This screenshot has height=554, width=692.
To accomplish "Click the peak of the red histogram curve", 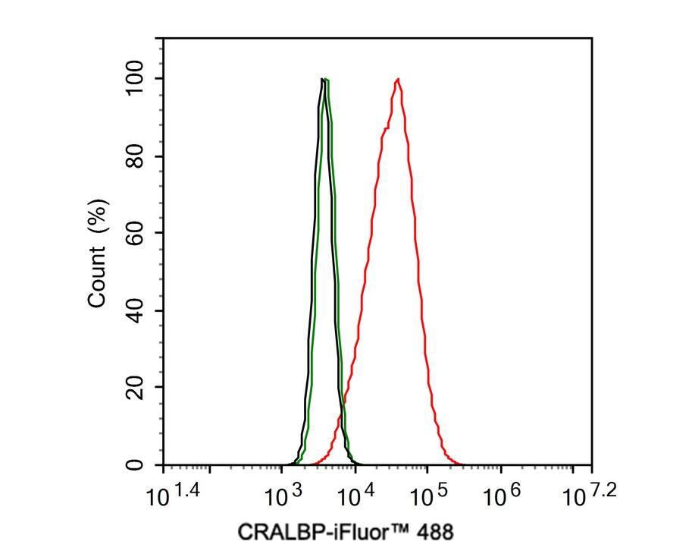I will point(397,79).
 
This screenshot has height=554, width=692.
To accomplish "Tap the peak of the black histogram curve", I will point(322,79).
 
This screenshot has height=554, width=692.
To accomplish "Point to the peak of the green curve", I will point(327,80).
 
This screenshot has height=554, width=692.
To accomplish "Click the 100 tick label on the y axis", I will point(135,79).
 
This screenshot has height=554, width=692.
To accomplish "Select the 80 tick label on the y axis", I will point(135,156).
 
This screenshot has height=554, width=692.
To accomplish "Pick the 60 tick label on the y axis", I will point(135,233).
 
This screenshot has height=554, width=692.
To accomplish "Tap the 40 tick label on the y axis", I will point(135,310).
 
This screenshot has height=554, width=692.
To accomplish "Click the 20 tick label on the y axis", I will point(135,388).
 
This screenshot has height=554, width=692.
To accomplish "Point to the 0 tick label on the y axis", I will point(135,464).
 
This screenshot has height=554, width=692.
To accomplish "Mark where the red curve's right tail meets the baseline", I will point(459,464).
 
